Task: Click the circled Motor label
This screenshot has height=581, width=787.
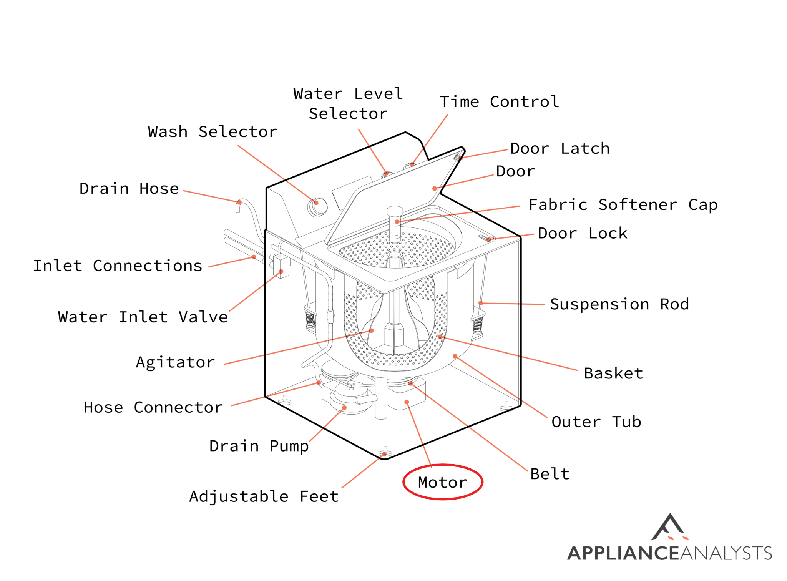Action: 442,482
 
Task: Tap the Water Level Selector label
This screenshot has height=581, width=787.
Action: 348,104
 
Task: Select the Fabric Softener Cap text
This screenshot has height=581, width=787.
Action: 623,205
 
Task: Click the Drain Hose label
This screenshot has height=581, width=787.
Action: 129,189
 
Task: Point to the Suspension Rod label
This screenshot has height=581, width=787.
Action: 619,304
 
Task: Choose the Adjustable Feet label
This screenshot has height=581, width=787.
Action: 264,496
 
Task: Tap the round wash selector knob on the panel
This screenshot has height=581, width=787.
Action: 317,206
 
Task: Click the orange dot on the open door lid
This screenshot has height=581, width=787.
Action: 434,188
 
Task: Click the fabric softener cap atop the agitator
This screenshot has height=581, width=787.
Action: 395,212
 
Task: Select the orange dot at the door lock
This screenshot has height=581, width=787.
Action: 489,239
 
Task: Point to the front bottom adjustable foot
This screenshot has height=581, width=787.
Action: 385,452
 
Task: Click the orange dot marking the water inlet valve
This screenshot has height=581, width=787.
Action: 281,271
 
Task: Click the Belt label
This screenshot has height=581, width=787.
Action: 550,474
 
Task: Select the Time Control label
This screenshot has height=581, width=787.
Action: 499,102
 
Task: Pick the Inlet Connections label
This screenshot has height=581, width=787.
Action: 118,266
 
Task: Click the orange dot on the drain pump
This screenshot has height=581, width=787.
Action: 344,408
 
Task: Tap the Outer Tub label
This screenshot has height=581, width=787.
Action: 596,422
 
